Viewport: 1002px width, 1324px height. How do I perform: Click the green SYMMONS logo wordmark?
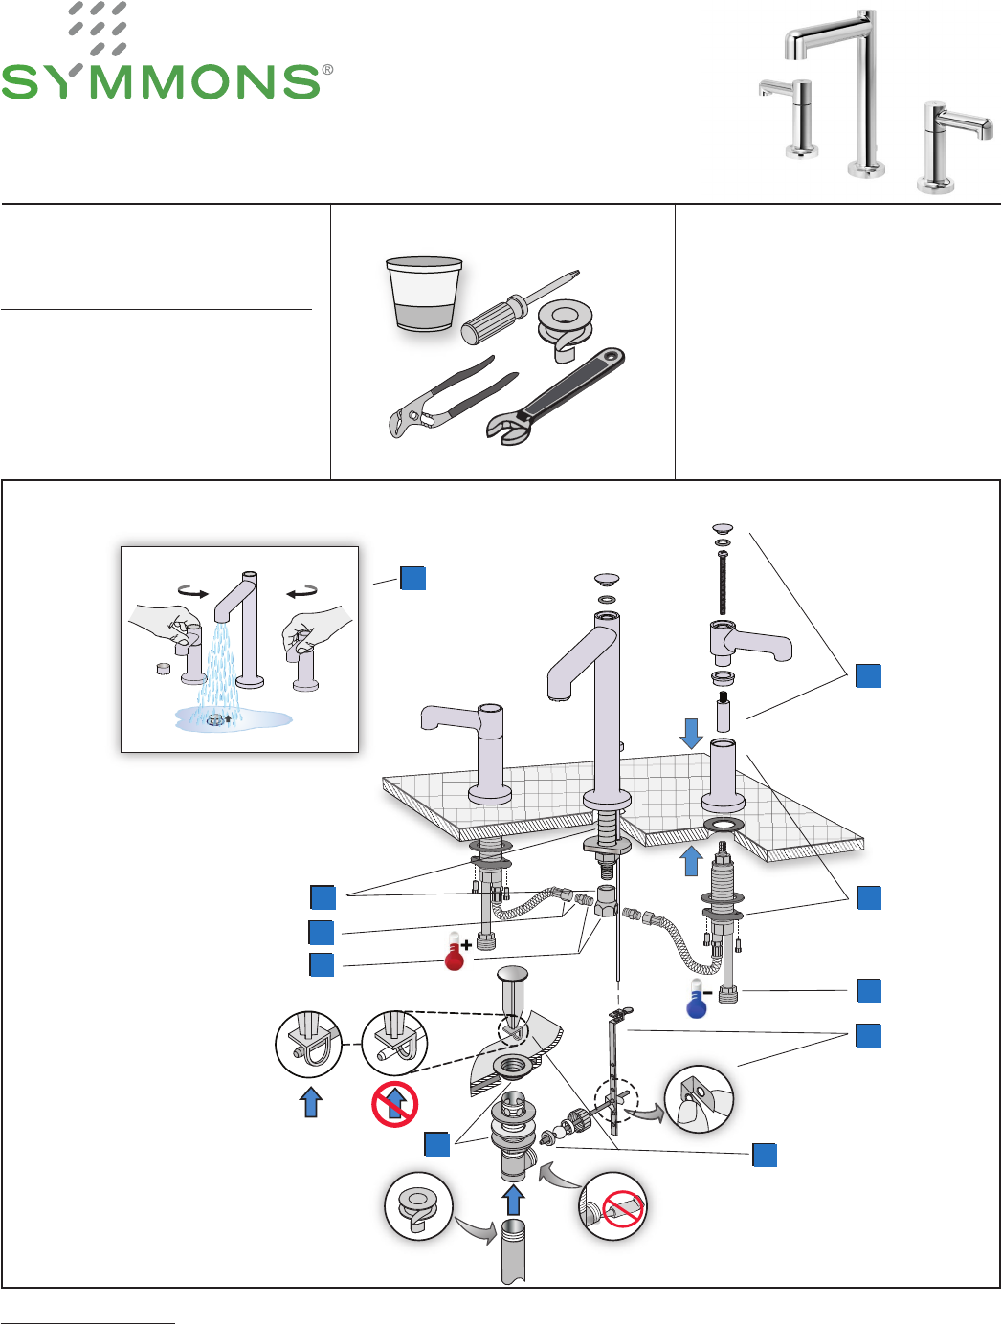[x=163, y=81]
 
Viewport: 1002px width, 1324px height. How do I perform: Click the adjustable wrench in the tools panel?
[x=555, y=395]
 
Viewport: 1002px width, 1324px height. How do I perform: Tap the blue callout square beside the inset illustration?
[x=412, y=578]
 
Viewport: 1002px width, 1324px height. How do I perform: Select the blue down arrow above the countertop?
[x=691, y=734]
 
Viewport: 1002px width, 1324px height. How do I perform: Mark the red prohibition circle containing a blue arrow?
[x=394, y=1104]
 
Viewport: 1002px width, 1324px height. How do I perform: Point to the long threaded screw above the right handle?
[x=723, y=584]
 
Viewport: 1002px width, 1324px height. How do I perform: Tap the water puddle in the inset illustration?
[x=234, y=718]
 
